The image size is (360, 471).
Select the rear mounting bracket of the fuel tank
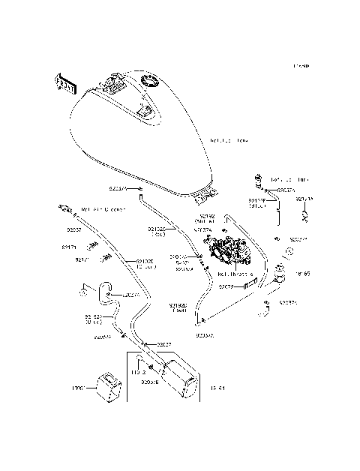tap(205, 197)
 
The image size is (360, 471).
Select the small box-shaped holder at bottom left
tap(107, 386)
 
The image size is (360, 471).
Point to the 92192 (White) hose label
tap(205, 218)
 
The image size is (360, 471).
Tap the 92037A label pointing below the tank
tap(119, 190)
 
